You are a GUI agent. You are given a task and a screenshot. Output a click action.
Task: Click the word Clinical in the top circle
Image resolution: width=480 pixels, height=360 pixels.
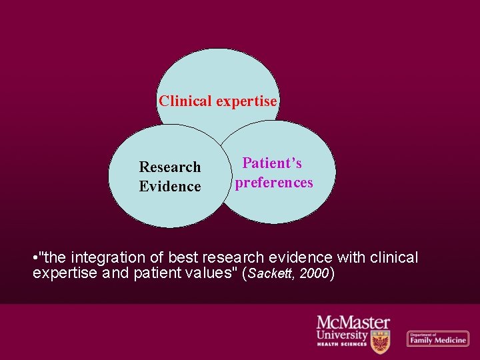(x=185, y=101)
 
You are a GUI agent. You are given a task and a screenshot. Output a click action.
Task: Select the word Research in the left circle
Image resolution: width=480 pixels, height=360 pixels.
(x=169, y=167)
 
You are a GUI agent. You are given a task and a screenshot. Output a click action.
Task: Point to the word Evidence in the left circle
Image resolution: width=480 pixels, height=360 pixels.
(x=169, y=187)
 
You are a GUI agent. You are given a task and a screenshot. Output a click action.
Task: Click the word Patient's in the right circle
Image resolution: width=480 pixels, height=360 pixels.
(x=272, y=163)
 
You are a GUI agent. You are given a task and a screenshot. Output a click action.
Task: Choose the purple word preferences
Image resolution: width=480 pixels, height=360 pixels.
(x=273, y=183)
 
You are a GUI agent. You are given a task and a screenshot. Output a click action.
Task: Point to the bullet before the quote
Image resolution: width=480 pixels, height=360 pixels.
(x=35, y=257)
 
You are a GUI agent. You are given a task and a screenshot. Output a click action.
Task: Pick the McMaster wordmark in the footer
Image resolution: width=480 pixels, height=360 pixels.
(x=353, y=323)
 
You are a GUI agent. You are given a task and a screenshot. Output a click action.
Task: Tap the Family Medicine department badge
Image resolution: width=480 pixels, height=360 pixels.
(x=437, y=339)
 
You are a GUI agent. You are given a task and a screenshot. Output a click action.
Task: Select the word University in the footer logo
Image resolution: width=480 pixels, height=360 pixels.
(x=342, y=335)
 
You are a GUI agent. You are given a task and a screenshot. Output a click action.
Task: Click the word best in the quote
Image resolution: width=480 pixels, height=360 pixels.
(x=182, y=257)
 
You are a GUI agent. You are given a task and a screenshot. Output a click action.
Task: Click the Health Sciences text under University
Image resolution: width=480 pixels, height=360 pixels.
(x=341, y=344)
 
